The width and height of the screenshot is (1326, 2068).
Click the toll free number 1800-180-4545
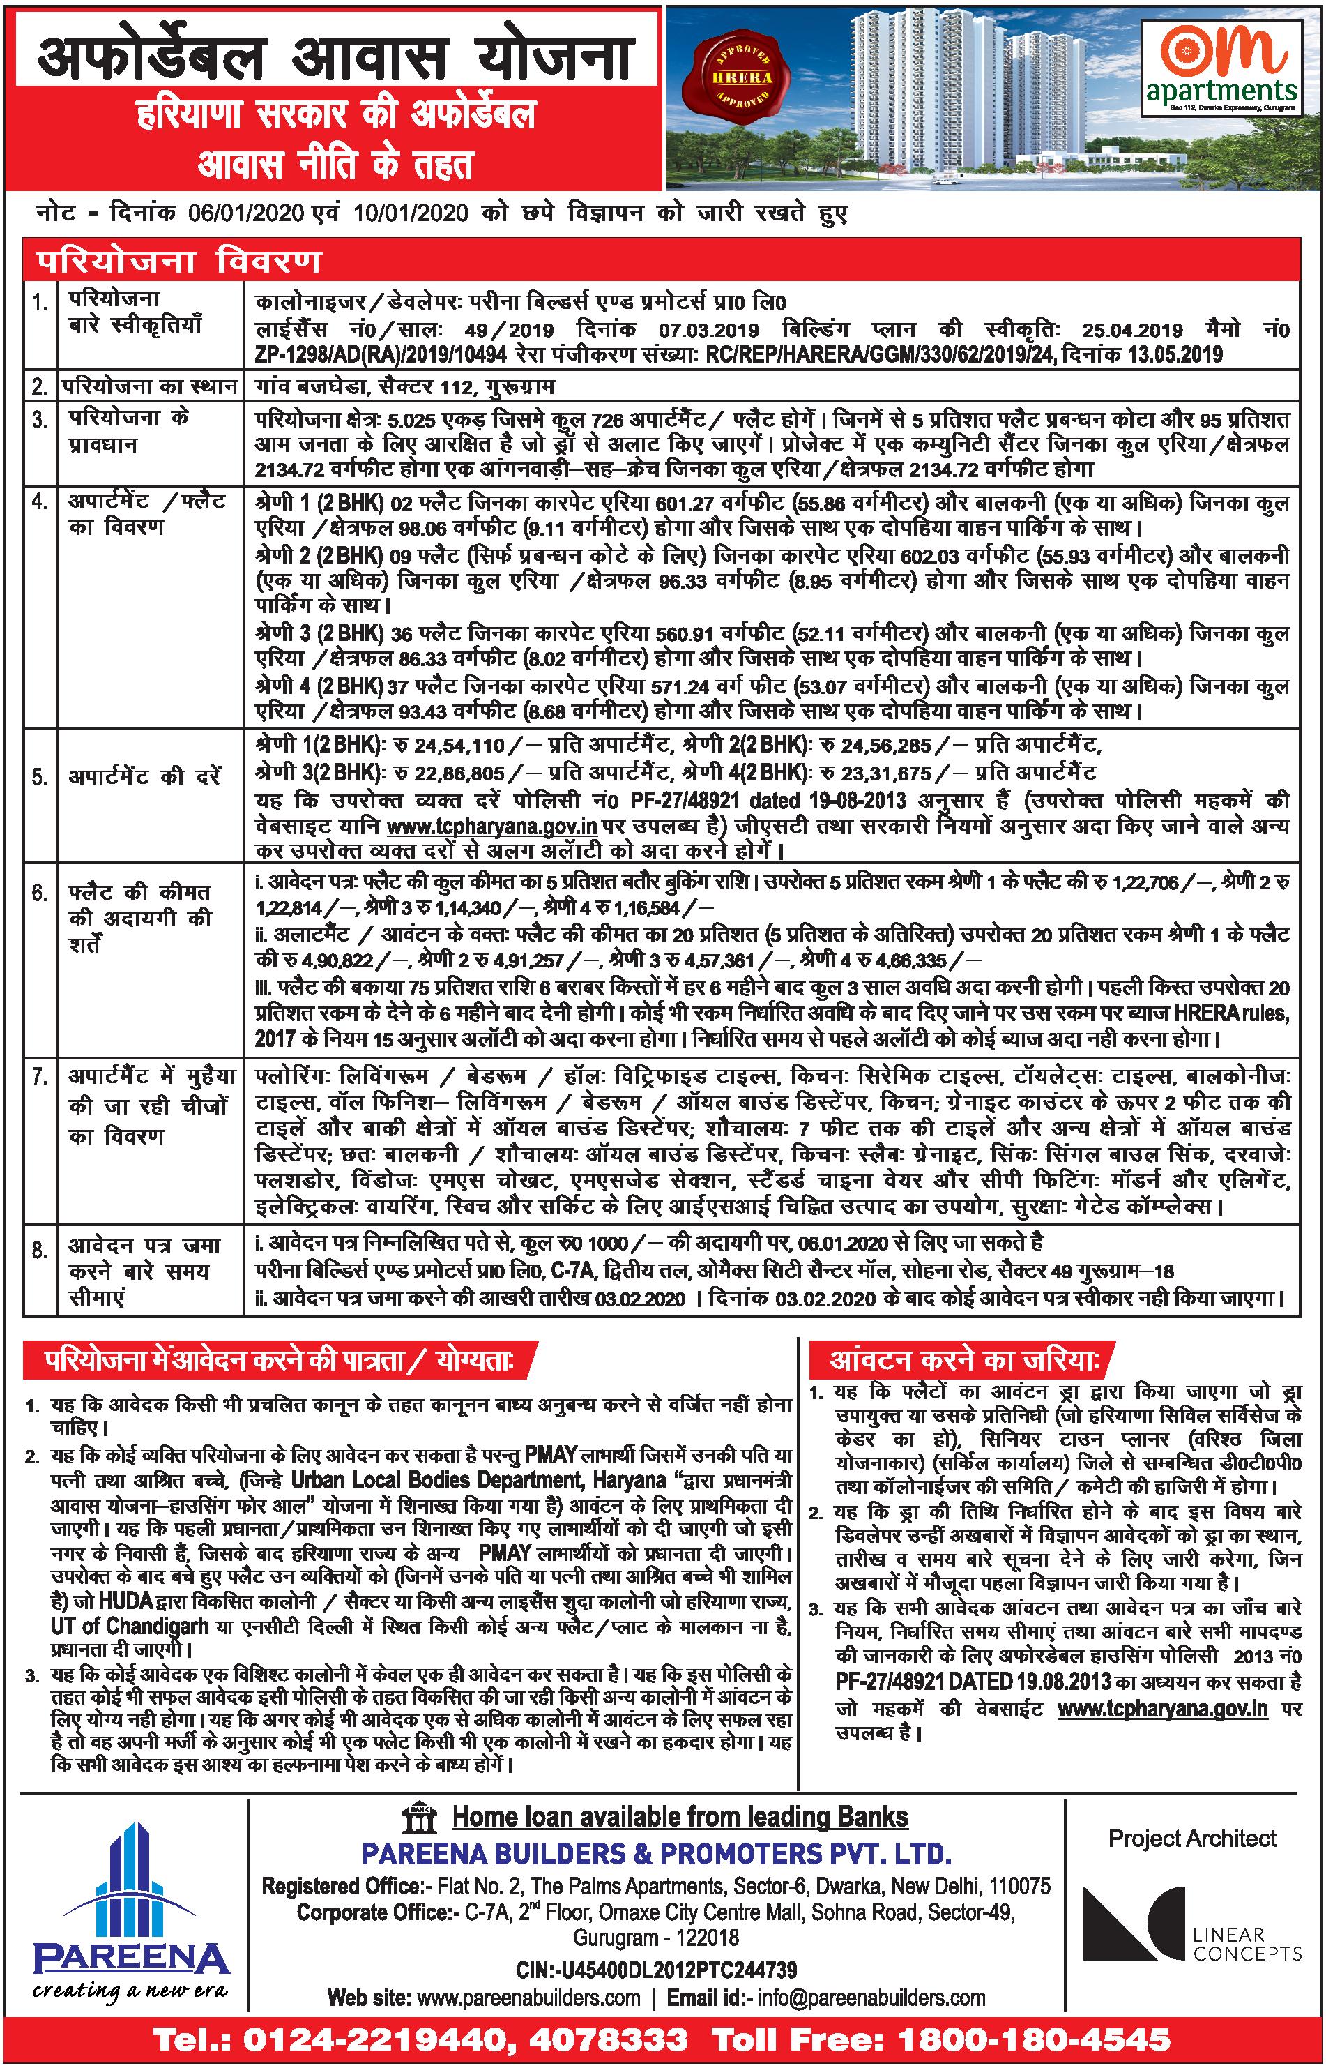coord(1033,2039)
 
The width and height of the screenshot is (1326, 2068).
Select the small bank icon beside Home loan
coord(420,1816)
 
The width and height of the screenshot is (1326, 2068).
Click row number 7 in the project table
coord(40,1078)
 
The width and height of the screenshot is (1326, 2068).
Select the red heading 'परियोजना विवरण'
coord(177,261)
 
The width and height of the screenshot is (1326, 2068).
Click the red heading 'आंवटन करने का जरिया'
coord(963,1360)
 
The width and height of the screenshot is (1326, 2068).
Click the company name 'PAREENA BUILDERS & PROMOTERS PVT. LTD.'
coord(656,1852)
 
